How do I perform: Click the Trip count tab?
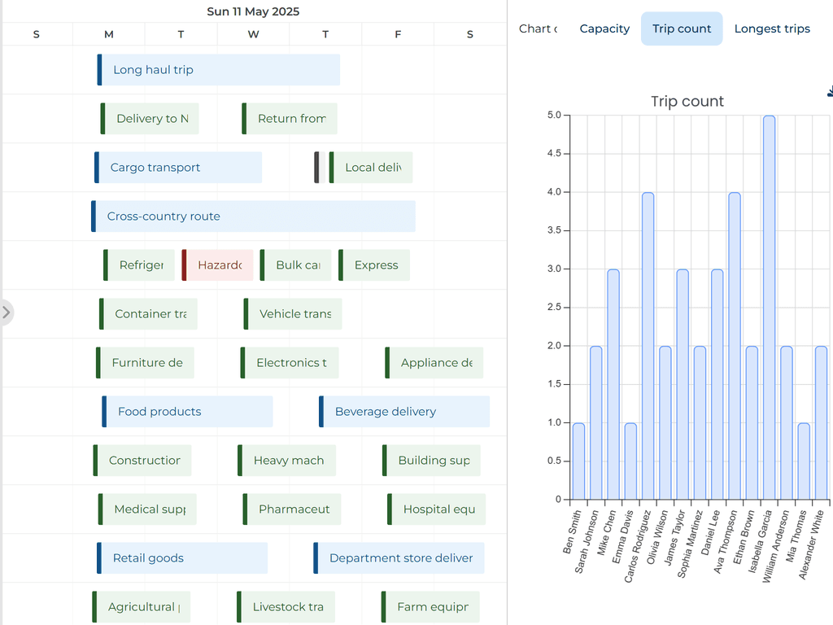[x=682, y=28]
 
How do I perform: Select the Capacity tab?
[x=604, y=28]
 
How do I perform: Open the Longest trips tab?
[x=772, y=28]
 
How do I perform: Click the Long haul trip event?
[x=218, y=70]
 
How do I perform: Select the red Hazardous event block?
[x=218, y=265]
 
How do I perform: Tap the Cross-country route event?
[x=253, y=216]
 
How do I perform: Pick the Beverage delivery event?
[x=404, y=412]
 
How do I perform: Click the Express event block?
[x=374, y=265]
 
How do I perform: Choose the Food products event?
[x=187, y=412]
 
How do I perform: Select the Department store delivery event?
[x=399, y=558]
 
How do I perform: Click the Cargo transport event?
[x=178, y=168]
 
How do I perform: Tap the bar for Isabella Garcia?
[x=769, y=307]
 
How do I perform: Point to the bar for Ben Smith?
[x=578, y=461]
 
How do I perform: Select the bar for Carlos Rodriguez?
[x=648, y=346]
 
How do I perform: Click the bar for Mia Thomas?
[x=804, y=461]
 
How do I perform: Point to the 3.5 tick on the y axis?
[x=554, y=230]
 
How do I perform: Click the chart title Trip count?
[x=687, y=101]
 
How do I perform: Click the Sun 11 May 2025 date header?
[x=253, y=11]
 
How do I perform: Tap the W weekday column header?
[x=253, y=34]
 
